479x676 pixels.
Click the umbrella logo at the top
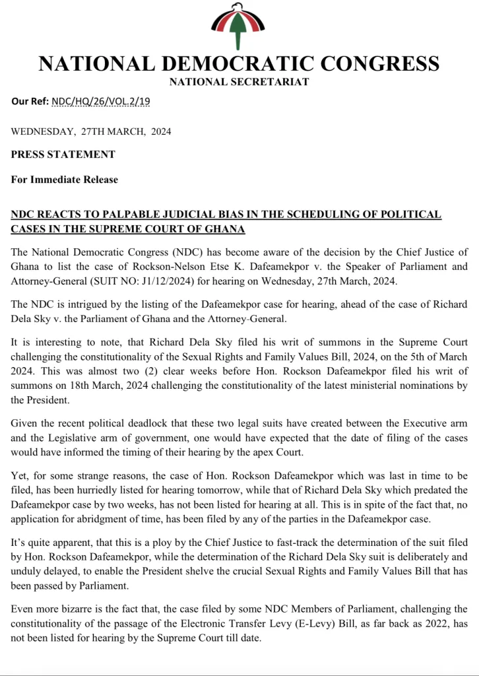[x=239, y=26]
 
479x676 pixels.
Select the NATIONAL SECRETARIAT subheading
[x=239, y=82]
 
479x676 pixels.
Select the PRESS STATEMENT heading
[x=63, y=154]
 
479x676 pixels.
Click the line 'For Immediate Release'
[x=64, y=179]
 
